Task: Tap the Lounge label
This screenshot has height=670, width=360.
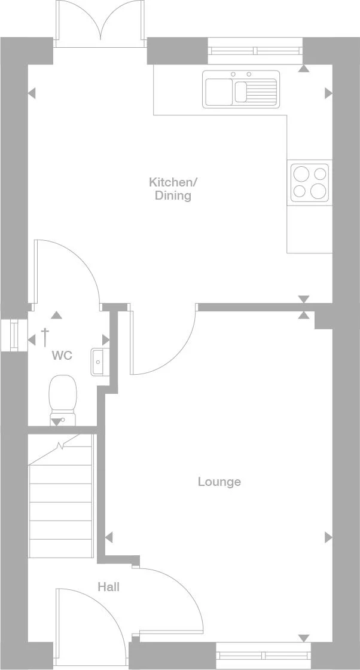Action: [219, 482]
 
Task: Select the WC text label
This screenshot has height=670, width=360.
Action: [62, 356]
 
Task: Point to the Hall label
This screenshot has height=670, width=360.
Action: [108, 587]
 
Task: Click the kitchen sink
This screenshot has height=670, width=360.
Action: [241, 89]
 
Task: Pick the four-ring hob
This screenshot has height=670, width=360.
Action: [309, 182]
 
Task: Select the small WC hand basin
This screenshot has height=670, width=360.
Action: [98, 362]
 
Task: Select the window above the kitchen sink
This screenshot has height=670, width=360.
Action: [255, 51]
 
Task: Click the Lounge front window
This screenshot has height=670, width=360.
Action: [264, 656]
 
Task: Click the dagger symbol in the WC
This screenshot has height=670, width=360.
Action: [44, 336]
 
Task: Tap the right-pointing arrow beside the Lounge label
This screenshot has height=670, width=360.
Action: [328, 537]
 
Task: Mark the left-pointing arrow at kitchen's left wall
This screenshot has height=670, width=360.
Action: [31, 93]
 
